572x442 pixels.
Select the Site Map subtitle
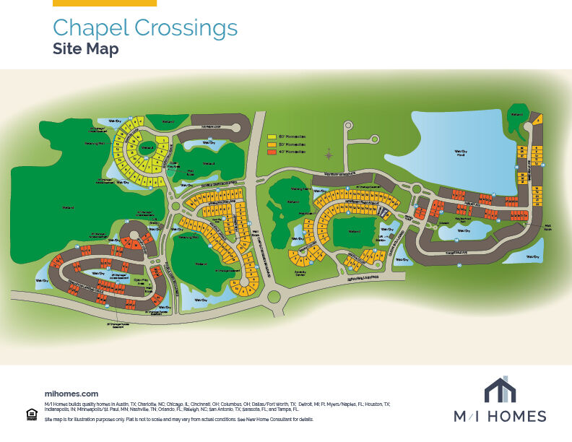[85, 49]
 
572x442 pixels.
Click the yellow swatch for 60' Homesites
[272, 136]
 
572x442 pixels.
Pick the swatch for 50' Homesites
[272, 144]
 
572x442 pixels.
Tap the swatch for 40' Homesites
[272, 152]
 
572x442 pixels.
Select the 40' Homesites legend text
[291, 152]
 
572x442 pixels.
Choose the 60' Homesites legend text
[291, 136]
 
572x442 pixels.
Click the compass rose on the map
[329, 154]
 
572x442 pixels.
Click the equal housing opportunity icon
[31, 414]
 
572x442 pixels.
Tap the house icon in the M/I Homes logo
[500, 389]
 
